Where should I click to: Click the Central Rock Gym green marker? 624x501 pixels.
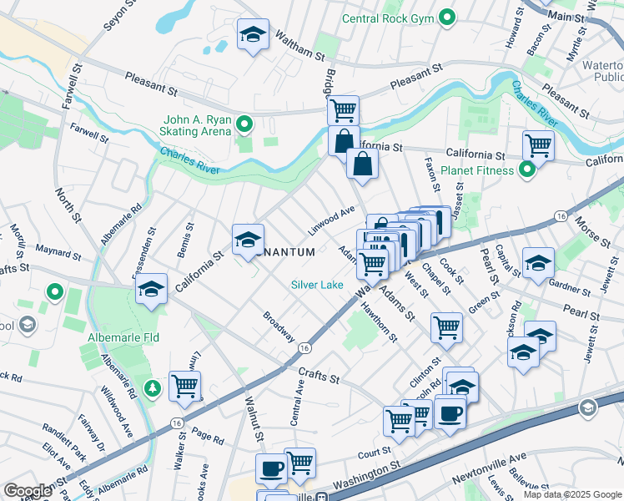(x=447, y=17)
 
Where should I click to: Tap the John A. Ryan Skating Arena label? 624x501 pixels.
(x=189, y=125)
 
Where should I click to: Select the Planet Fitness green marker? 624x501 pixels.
(x=526, y=171)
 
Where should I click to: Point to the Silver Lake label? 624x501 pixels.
(x=317, y=285)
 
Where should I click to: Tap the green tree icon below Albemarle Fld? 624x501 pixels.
(x=152, y=388)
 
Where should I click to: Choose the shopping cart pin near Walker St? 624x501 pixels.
(x=184, y=385)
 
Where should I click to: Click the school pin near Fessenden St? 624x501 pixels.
(x=151, y=290)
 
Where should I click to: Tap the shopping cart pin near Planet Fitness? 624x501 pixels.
(x=538, y=144)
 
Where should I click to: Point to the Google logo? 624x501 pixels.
(x=28, y=490)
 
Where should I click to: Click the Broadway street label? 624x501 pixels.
(x=279, y=326)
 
